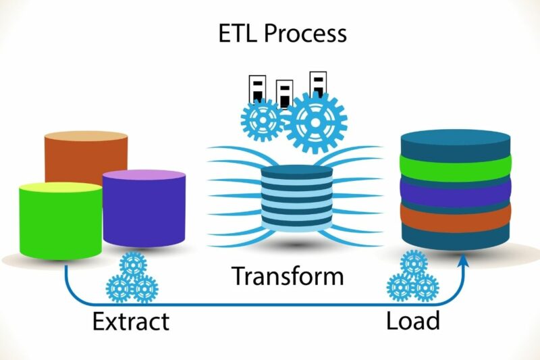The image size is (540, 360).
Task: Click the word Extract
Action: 130,320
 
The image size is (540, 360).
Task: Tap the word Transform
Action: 288,276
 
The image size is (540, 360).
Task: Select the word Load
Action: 412,320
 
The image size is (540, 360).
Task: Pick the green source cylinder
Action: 60,223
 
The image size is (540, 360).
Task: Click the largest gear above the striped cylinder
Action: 315,123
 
